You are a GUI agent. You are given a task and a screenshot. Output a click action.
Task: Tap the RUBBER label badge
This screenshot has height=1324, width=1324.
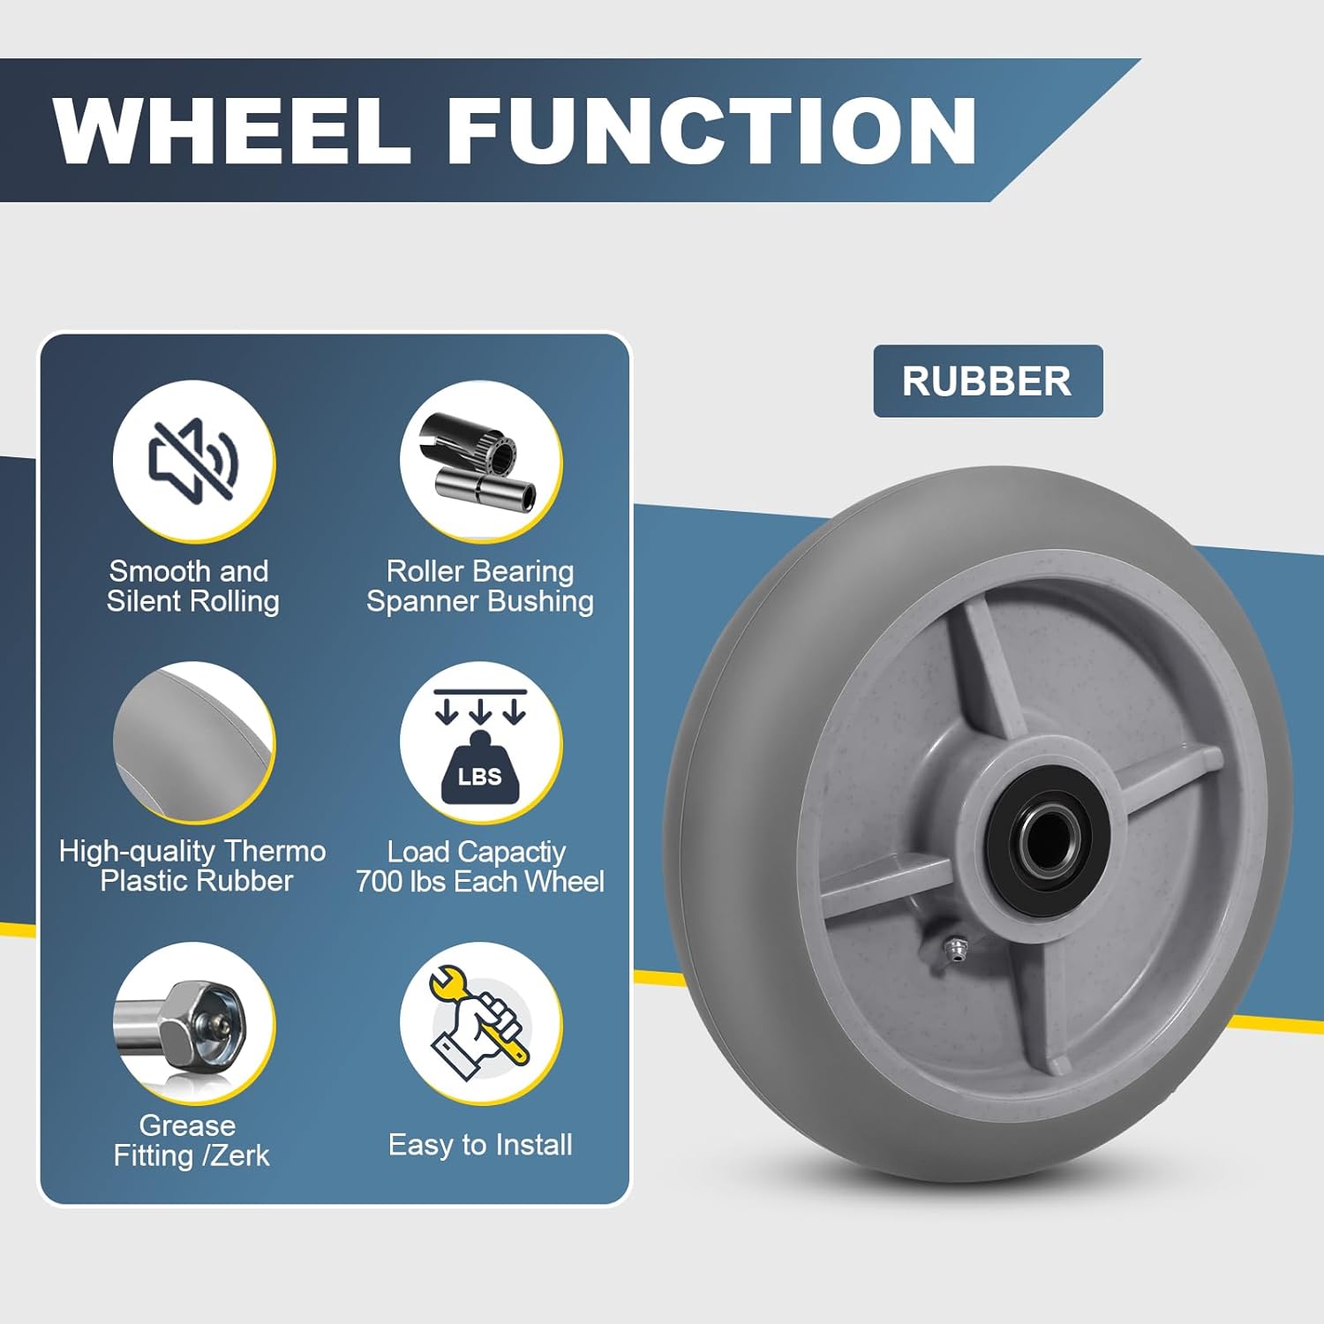tap(987, 381)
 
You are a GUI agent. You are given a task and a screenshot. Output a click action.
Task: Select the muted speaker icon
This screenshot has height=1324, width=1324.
tap(193, 460)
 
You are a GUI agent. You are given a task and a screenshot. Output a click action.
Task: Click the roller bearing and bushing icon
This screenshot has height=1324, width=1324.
tap(480, 462)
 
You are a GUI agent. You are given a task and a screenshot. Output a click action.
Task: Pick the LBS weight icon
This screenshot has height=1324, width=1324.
tap(480, 743)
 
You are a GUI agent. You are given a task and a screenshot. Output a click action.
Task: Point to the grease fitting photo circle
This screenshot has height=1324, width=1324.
tap(193, 1024)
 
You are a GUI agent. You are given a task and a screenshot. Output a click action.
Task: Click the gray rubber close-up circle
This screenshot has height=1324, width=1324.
tap(193, 743)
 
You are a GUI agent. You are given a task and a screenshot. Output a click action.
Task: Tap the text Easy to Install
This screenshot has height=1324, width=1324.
tap(480, 1145)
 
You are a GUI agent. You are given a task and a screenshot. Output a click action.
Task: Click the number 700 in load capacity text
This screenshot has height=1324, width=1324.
tap(380, 881)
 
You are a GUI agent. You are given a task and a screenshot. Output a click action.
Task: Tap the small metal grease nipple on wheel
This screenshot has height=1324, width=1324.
tap(954, 949)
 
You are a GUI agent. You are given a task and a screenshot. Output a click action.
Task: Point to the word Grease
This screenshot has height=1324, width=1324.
tap(187, 1125)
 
